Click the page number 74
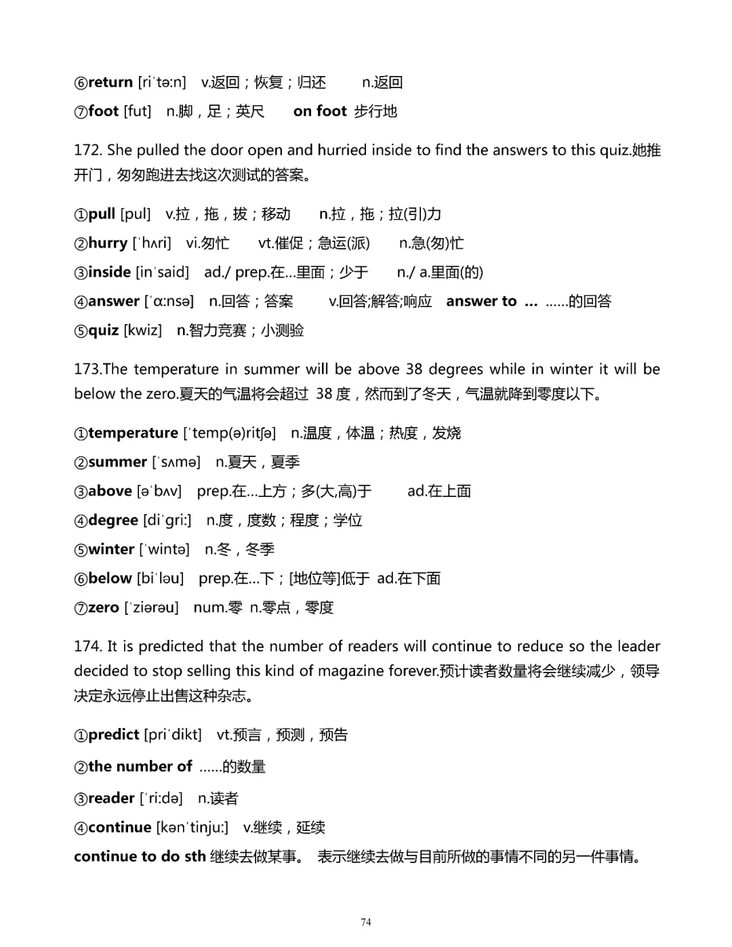[x=366, y=922]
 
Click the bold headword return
[x=110, y=83]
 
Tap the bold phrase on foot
[x=320, y=111]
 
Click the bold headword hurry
[x=108, y=243]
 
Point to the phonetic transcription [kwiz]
[x=142, y=331]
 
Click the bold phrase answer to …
[x=491, y=302]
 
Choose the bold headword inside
[x=109, y=273]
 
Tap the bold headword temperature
[x=133, y=433]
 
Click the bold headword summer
[x=117, y=462]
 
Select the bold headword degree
[x=113, y=521]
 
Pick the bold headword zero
[x=103, y=608]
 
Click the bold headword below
[x=110, y=579]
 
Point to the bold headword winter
[x=111, y=550]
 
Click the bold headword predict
[x=113, y=735]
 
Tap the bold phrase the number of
[x=140, y=767]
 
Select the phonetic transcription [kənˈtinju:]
[x=192, y=828]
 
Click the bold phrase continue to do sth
[x=140, y=857]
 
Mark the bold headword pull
[x=102, y=214]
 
